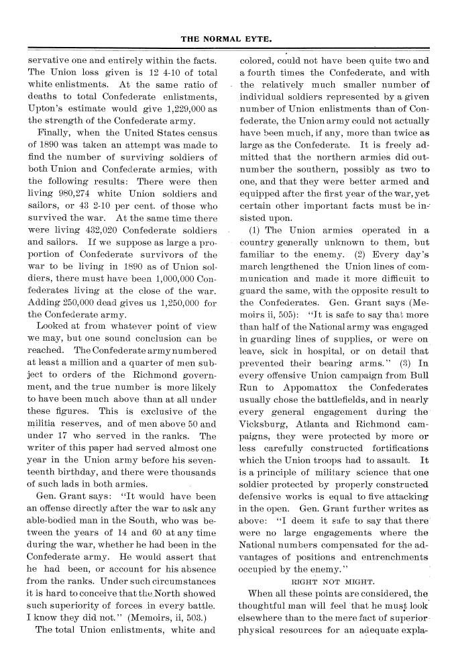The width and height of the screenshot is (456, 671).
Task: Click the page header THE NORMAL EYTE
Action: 227,39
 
